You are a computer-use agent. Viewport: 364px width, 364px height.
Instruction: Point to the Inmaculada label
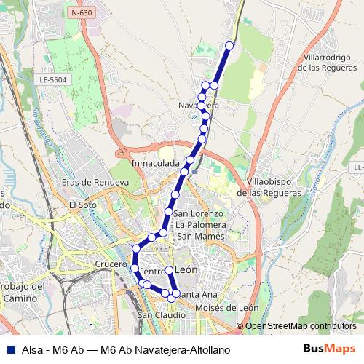coord(156,164)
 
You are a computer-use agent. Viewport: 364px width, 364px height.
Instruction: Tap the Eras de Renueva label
coord(95,182)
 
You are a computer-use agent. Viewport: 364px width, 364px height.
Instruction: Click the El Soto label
coord(83,205)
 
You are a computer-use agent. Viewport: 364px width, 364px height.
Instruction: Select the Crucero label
coord(111,264)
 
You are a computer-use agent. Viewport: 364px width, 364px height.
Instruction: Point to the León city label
coord(187,270)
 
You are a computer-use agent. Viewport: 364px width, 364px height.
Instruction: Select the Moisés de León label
coord(227,308)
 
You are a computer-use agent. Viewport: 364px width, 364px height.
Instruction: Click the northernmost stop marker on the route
coord(229,45)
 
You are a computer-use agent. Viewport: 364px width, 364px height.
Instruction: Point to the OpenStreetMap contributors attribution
coord(300,326)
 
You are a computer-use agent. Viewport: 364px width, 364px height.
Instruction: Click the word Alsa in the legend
coord(30,349)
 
